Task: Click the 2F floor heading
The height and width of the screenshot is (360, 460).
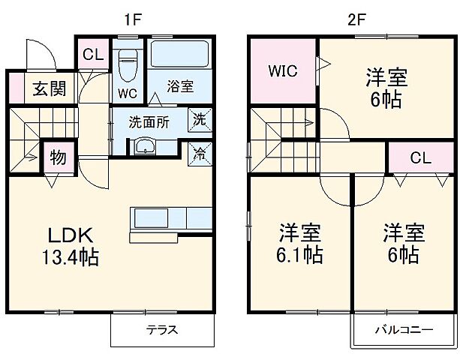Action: (x=357, y=18)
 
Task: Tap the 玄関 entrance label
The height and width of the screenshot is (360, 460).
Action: (x=48, y=89)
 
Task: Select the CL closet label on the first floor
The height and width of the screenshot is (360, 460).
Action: (x=93, y=55)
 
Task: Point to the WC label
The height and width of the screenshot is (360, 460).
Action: (x=127, y=94)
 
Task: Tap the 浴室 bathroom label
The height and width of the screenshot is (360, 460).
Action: (x=180, y=86)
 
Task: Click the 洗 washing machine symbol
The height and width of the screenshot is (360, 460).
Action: (x=200, y=118)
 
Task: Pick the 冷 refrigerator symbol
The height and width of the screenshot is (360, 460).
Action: (x=200, y=150)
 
